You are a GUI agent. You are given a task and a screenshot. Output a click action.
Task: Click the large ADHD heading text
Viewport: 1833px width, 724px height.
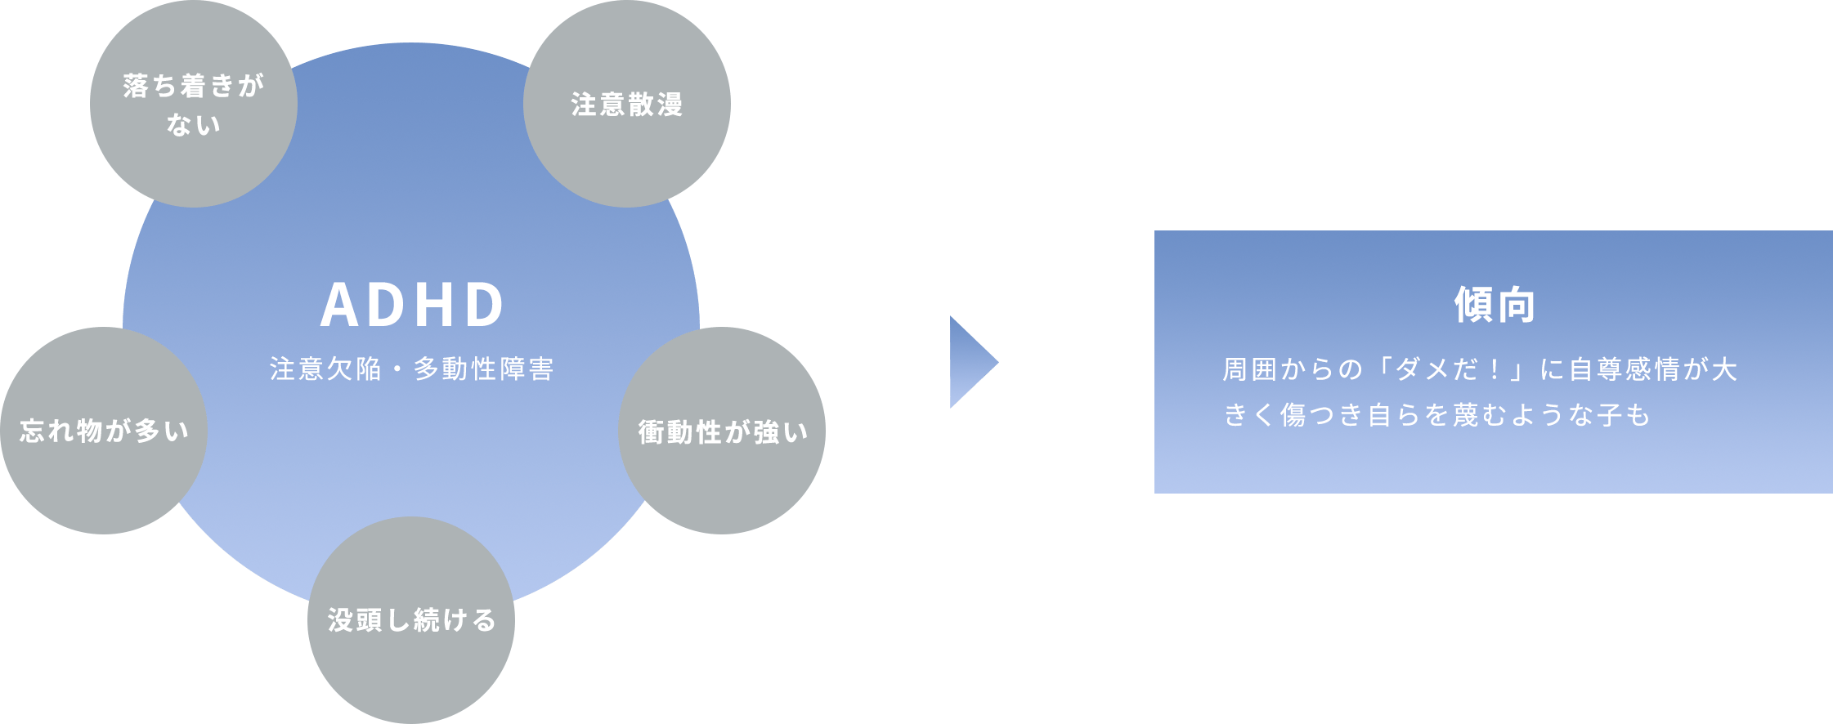click(x=412, y=306)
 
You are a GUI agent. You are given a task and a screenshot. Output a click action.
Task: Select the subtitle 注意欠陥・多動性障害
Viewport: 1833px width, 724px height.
click(x=412, y=369)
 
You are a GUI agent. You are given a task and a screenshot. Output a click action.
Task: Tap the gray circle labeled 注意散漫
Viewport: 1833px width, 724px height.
click(x=627, y=105)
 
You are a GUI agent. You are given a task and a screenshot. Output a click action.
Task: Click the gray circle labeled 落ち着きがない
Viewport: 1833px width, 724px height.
click(x=193, y=104)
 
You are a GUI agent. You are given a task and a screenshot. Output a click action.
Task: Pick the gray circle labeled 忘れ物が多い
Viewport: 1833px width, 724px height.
click(x=104, y=431)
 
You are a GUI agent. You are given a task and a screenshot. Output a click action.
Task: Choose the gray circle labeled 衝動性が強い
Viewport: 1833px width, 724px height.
click(x=722, y=431)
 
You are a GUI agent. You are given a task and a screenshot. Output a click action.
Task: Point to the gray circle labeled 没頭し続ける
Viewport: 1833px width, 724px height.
click(x=411, y=620)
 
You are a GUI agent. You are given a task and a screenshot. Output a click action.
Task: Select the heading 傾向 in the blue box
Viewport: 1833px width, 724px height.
click(x=1495, y=306)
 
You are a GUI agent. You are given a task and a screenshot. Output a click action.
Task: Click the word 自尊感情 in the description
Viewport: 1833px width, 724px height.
click(x=1624, y=369)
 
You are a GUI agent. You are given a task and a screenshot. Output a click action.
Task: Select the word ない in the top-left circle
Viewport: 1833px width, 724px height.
click(x=194, y=125)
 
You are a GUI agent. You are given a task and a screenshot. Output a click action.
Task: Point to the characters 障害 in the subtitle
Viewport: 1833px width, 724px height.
click(x=527, y=369)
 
